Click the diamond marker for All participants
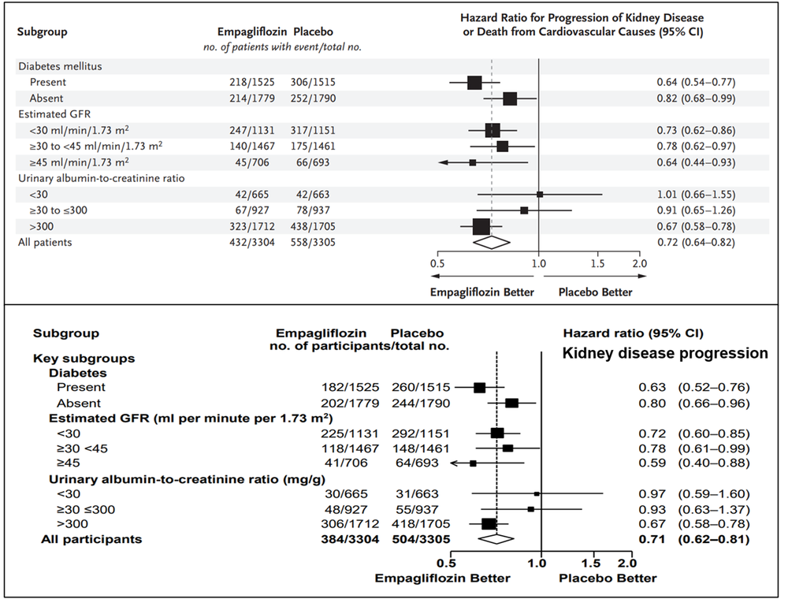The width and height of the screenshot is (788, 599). (496, 539)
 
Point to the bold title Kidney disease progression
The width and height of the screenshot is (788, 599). (664, 354)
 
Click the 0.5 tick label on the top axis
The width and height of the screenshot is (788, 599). (436, 263)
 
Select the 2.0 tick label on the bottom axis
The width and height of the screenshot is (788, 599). (626, 563)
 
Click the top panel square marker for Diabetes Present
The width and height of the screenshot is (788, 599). (474, 82)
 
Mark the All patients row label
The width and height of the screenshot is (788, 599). (45, 243)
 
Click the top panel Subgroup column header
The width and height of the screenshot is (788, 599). (43, 32)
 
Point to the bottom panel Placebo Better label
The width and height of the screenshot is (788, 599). (608, 578)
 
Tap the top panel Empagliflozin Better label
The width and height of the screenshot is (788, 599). (481, 292)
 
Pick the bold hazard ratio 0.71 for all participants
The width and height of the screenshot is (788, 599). (649, 539)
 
